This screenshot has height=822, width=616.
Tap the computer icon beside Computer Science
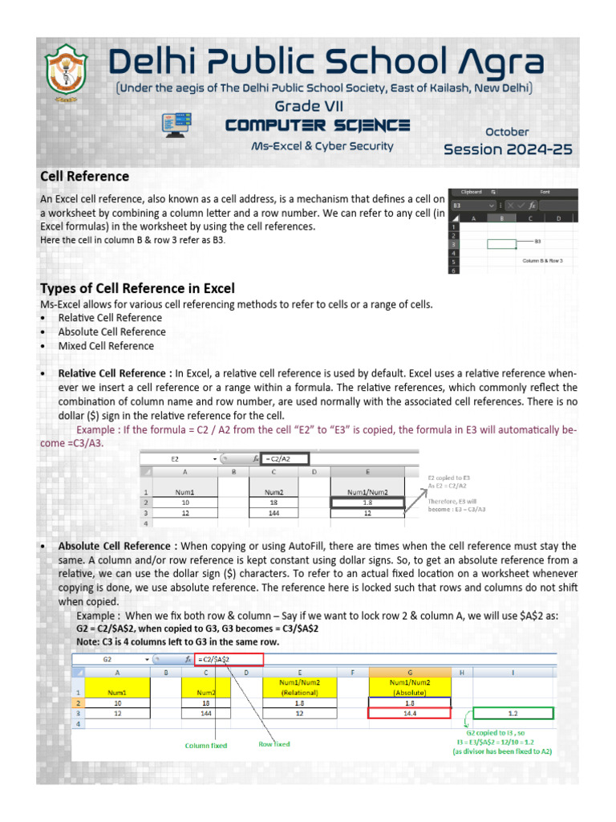click(x=177, y=124)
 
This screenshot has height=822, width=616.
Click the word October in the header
click(x=507, y=131)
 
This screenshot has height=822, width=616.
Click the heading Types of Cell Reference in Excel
click(x=137, y=288)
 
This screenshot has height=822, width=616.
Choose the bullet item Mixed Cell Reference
click(x=105, y=346)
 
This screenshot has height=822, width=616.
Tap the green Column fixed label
click(x=206, y=746)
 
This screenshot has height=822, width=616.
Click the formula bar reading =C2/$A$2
click(x=229, y=658)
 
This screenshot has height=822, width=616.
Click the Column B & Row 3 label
click(x=542, y=261)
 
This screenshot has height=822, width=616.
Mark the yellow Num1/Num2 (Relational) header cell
click(x=299, y=686)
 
